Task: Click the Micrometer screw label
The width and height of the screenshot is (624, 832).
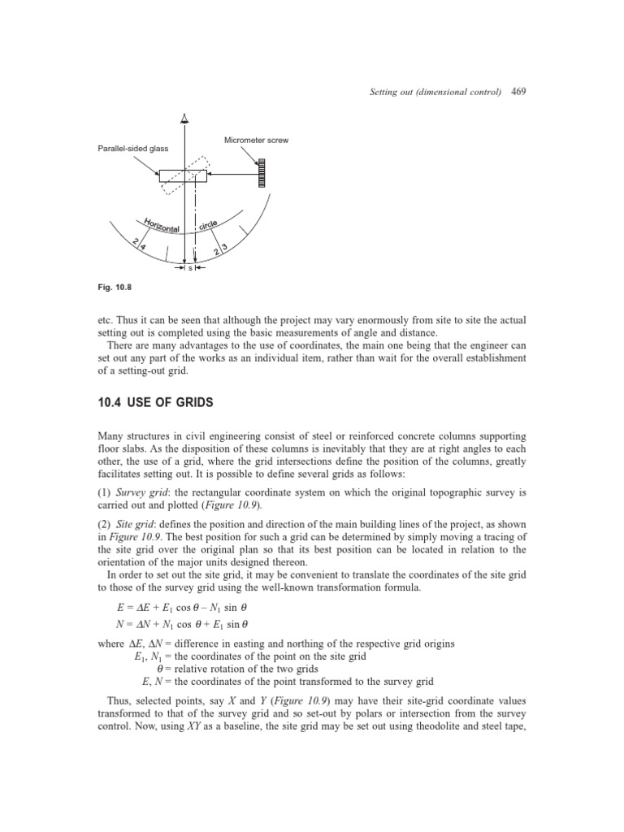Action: (256, 141)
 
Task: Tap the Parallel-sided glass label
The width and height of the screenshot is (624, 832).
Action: (131, 149)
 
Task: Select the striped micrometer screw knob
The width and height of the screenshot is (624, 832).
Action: (262, 175)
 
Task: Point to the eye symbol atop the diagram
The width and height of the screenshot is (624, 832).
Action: (185, 120)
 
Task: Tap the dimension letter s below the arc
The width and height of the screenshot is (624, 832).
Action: (190, 267)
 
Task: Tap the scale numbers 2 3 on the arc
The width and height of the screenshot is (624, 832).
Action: (220, 250)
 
